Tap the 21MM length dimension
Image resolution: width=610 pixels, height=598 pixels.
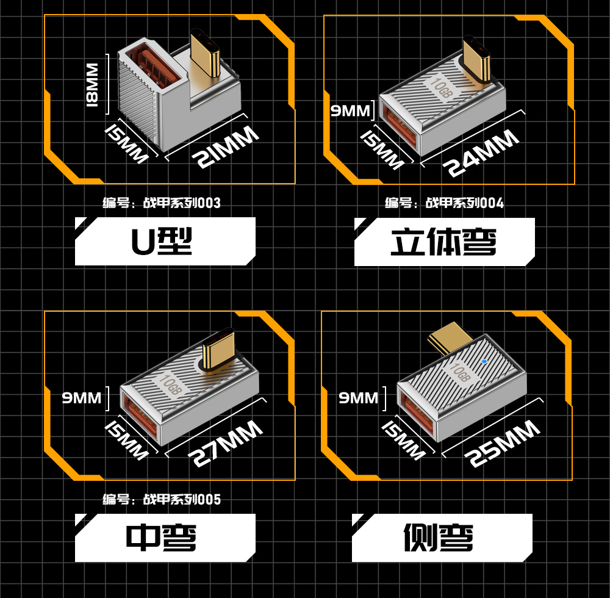click(225, 148)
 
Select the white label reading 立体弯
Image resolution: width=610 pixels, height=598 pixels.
click(444, 242)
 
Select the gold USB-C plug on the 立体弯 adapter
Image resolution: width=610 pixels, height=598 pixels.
click(477, 60)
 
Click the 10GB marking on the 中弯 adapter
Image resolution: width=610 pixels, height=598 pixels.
click(170, 383)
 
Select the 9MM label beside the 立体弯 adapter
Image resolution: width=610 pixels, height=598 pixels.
click(350, 110)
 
